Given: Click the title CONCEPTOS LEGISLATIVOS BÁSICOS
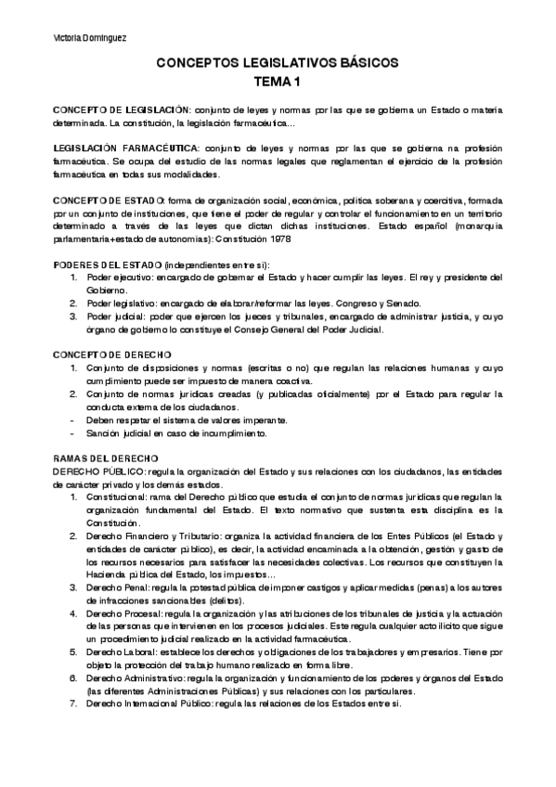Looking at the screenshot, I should (277, 63).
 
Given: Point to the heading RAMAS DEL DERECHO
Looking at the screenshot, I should (106, 457).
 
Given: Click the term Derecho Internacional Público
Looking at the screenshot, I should (151, 704).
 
